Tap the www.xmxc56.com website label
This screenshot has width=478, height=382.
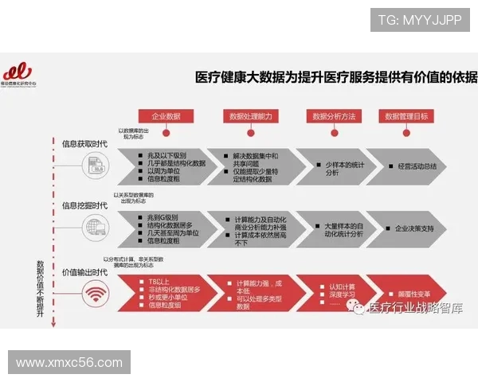(x=69, y=362)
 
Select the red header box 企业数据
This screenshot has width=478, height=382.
(x=167, y=116)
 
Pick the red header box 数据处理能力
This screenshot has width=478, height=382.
(x=250, y=116)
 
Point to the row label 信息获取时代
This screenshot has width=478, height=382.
(x=85, y=144)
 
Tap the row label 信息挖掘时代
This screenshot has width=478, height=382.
(x=85, y=205)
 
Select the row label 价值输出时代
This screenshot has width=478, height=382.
(x=85, y=272)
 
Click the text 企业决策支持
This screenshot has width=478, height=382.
(x=415, y=228)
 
